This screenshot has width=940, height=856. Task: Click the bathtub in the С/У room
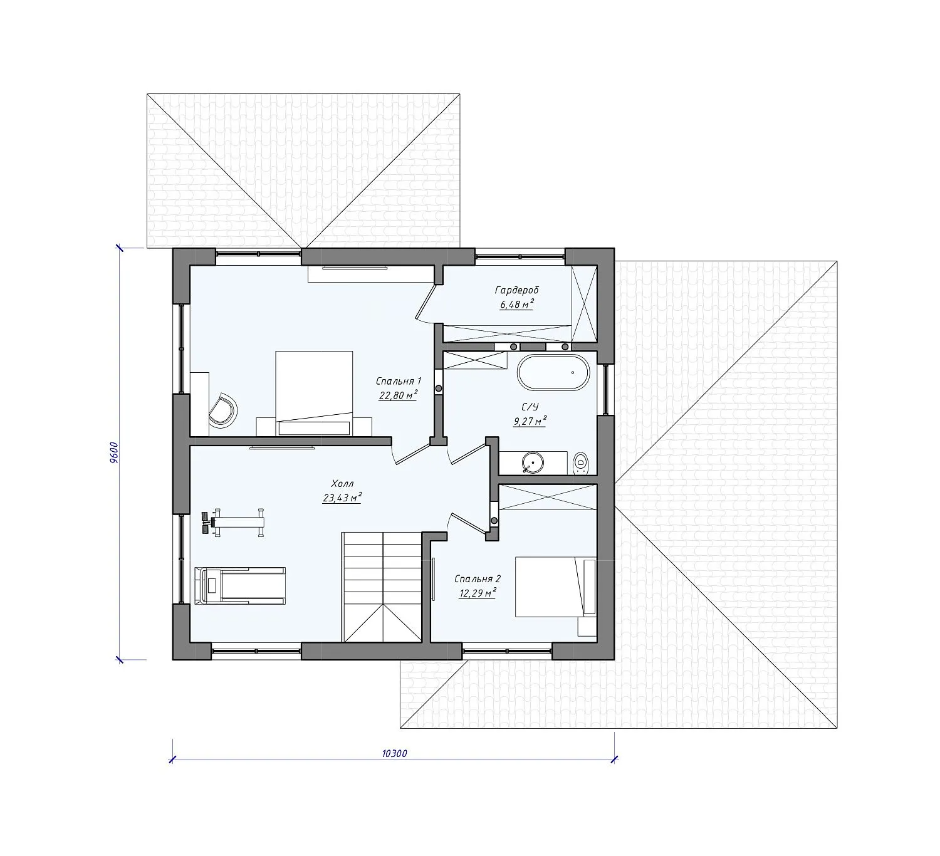(x=553, y=373)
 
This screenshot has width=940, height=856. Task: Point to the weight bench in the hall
(x=233, y=523)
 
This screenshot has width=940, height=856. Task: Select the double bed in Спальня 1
(x=314, y=393)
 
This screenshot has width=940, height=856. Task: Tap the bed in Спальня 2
(x=556, y=587)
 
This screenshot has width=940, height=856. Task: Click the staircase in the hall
(x=382, y=587)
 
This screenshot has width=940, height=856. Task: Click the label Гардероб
(x=516, y=290)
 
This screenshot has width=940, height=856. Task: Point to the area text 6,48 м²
(x=517, y=305)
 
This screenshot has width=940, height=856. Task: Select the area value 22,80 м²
(x=398, y=395)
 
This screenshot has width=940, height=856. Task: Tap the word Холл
(x=342, y=483)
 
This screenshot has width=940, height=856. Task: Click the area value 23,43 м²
(x=342, y=498)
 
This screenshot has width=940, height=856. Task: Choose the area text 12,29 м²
(x=478, y=593)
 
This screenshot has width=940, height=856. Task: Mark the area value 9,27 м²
(x=530, y=421)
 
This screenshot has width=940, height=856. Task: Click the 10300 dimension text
(x=395, y=753)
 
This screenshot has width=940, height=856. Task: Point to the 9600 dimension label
(x=114, y=452)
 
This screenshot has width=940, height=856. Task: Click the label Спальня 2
(x=478, y=579)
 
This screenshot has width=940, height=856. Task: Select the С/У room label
(x=530, y=407)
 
